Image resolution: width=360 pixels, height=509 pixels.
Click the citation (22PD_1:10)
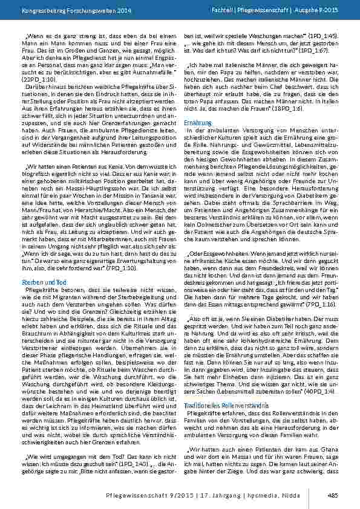53,79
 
